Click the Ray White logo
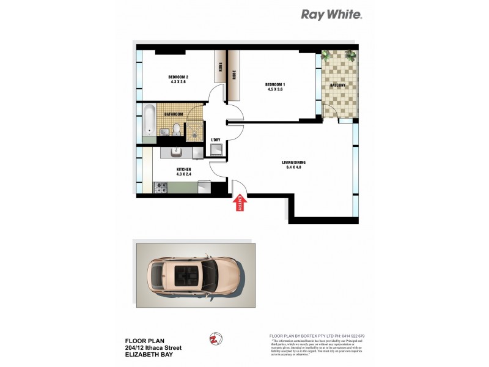point(332,15)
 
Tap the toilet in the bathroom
point(176,129)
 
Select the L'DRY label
point(215,141)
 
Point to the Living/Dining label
point(293,161)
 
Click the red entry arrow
point(240,204)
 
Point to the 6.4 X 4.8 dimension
point(293,167)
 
